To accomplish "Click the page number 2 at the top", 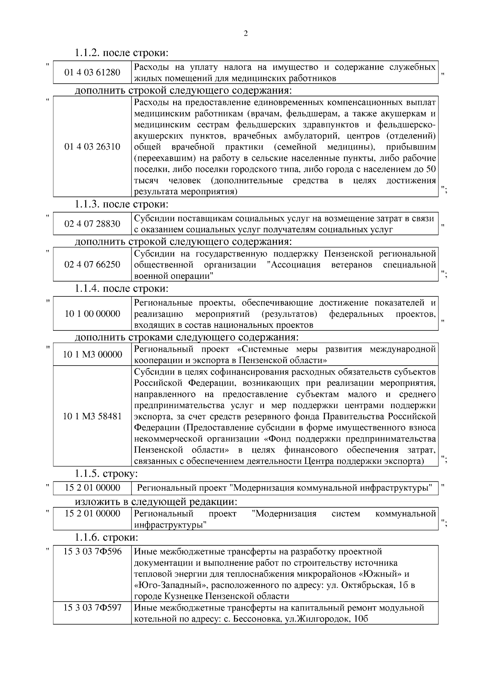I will pos(246,34).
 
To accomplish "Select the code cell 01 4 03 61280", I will pos(92,72).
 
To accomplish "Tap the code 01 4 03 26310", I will pos(92,147).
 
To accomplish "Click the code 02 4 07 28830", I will pos(92,224).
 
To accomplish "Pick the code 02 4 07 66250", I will pos(92,265).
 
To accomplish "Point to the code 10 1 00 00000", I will pos(92,314).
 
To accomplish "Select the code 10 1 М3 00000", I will pos(92,354).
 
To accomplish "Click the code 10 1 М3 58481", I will pos(92,416).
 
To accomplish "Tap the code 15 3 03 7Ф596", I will pos(92,552).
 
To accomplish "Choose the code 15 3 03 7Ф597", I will pos(92,608).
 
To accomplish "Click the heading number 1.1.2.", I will pos(88,53).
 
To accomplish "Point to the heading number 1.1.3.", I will pos(88,204).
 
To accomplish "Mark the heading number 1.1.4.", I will pos(88,288).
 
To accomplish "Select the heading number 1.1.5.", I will pos(88,474).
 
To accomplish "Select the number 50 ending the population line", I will pos(431,169).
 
